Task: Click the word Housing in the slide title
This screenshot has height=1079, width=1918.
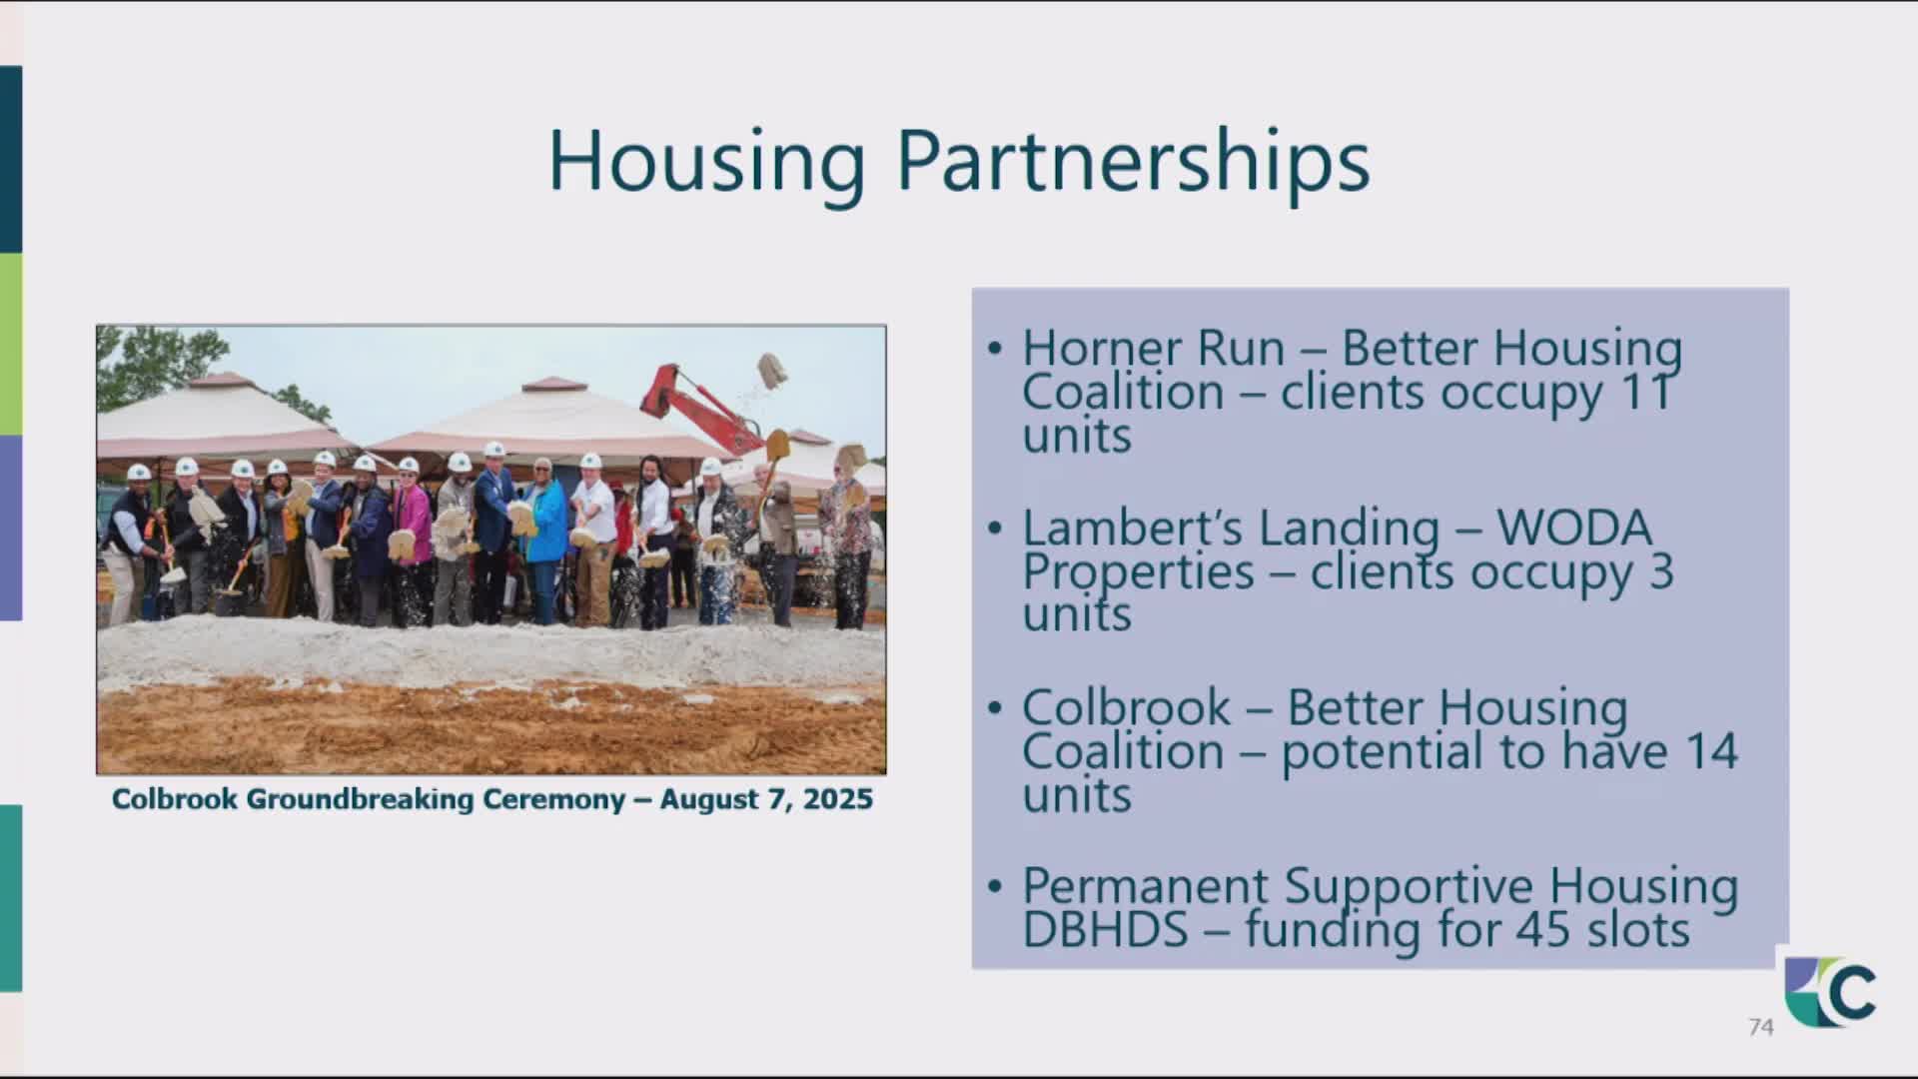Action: pos(706,163)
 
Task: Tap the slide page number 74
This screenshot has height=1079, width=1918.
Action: pos(1761,1027)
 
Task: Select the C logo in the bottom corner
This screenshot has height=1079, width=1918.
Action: pos(1831,992)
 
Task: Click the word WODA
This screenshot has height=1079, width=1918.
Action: pos(1574,528)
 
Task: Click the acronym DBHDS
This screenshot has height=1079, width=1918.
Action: pos(1106,929)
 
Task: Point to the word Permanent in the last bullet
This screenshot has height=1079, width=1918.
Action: pos(1146,886)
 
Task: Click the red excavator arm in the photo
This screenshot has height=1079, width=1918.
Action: pos(699,407)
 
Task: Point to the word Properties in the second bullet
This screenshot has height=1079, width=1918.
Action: pos(1138,573)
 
